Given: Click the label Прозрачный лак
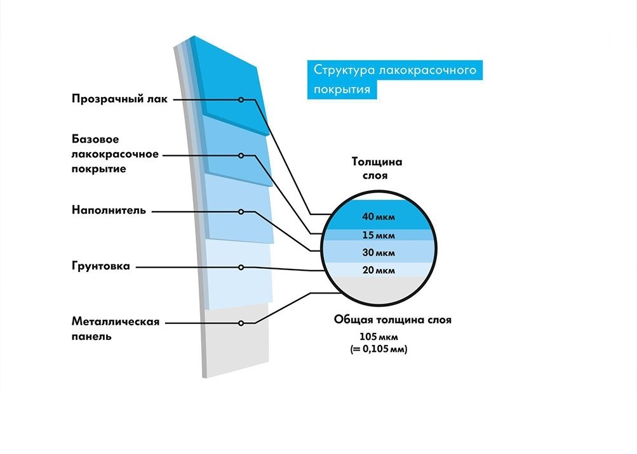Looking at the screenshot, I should point(119,99).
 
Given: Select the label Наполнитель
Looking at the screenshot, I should point(109,211).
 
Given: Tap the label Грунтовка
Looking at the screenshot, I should point(100,266).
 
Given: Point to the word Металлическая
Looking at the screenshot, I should point(115,321).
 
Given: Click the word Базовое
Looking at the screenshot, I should point(95,139).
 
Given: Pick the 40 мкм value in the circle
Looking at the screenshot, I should point(379,217).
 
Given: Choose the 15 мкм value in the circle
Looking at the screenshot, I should point(379,236).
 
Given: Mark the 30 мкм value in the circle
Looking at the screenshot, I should point(379,253).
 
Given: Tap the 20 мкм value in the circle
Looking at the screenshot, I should point(379,271).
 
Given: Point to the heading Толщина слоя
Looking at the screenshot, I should point(377,169).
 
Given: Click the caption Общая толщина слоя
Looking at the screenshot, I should point(392,320).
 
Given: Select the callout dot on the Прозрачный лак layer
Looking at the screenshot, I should point(241,100).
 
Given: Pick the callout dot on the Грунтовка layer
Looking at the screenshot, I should point(241,267).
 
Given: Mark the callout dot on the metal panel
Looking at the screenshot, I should point(241,323).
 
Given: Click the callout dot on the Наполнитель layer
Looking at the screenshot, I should point(241,211).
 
